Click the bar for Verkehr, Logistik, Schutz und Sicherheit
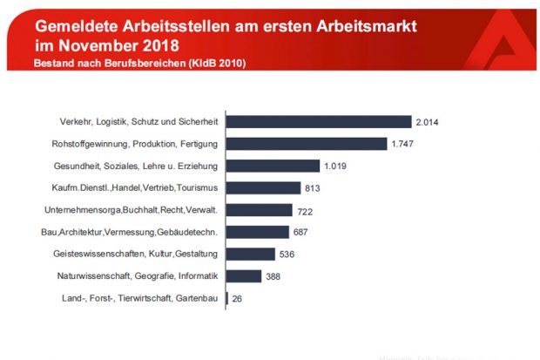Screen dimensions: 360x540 pyautogui.click(x=319, y=122)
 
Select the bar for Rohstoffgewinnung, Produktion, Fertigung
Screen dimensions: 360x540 pyautogui.click(x=307, y=144)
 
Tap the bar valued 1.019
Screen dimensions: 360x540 pyautogui.click(x=273, y=166)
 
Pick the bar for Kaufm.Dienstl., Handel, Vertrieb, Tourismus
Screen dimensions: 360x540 pyautogui.click(x=263, y=187)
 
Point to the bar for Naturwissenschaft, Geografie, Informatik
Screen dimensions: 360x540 pyautogui.click(x=244, y=275)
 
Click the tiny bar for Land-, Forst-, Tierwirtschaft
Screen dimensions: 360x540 pyautogui.click(x=227, y=298)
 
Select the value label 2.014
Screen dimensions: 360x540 pyautogui.click(x=429, y=122)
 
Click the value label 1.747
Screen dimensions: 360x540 pyautogui.click(x=404, y=144)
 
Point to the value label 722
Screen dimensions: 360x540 pyautogui.click(x=306, y=210)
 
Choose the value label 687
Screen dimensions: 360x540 pyautogui.click(x=301, y=232)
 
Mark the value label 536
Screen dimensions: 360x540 pyautogui.click(x=287, y=255)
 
